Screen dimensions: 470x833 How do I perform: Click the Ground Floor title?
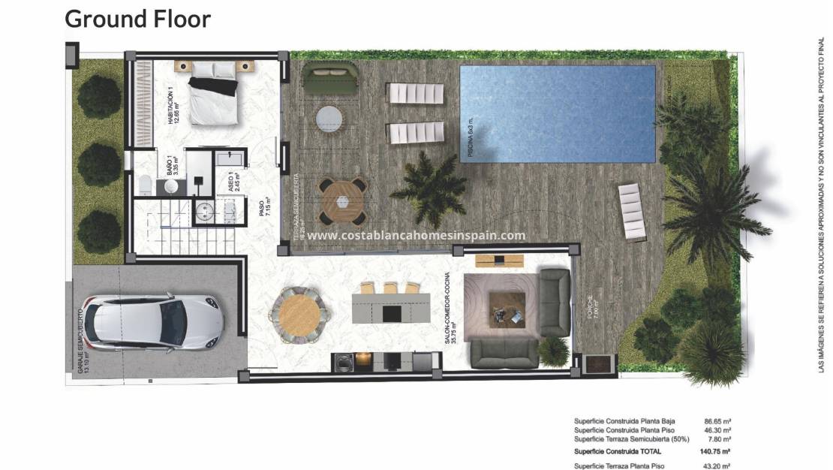point(138,19)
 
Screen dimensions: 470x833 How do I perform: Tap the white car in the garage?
point(153,321)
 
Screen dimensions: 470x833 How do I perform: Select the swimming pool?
point(557,114)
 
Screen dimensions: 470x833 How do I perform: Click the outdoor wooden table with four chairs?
point(342,201)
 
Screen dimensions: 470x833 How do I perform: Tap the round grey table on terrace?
point(329,119)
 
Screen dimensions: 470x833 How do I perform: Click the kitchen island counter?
point(392,309)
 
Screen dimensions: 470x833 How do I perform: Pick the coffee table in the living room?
point(505,308)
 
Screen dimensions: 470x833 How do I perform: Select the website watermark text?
point(416,235)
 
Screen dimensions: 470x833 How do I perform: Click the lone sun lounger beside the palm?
point(631,213)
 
